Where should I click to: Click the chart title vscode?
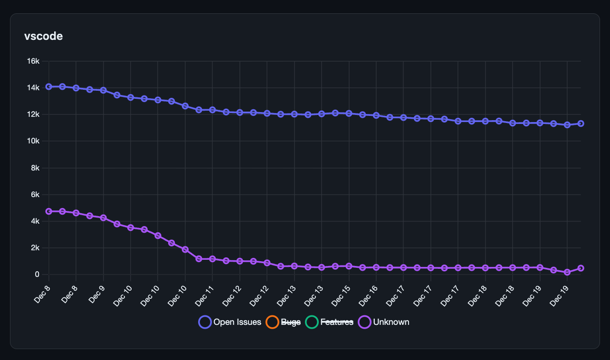(43, 36)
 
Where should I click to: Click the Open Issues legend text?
(237, 322)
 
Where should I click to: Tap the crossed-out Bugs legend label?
(291, 322)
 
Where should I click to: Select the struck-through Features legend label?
(337, 322)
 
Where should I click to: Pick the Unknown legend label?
(391, 322)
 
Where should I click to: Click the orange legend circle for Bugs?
(272, 322)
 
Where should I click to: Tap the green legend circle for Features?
(312, 322)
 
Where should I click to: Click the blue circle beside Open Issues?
(205, 322)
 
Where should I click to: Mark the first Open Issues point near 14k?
(48, 86)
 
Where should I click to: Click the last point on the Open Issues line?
(581, 123)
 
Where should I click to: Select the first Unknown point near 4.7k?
(48, 211)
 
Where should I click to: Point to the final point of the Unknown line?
(581, 268)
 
